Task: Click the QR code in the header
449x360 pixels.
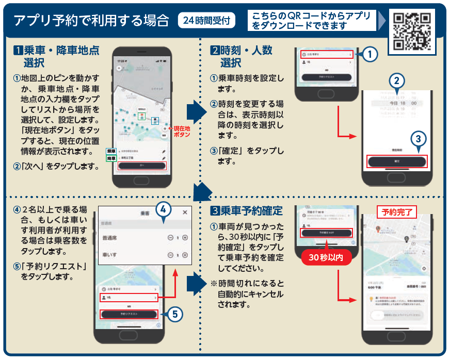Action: (x=412, y=30)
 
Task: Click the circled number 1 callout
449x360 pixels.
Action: (x=370, y=54)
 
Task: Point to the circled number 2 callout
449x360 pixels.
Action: (x=396, y=80)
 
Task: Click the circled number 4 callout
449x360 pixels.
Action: (x=163, y=209)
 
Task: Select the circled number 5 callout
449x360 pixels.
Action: (x=175, y=313)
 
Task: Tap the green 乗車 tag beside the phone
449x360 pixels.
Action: (x=111, y=151)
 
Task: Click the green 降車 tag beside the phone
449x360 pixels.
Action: (x=111, y=159)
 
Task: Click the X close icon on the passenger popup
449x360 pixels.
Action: (x=185, y=212)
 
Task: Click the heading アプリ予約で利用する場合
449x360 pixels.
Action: (x=91, y=21)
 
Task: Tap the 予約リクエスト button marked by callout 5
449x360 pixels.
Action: (x=128, y=314)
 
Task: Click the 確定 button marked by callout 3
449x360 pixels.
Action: (x=397, y=161)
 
